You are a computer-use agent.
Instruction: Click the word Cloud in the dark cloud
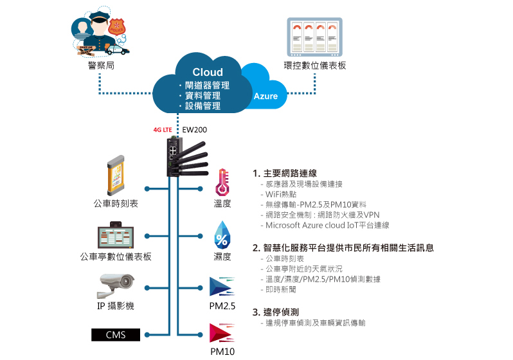point(208,72)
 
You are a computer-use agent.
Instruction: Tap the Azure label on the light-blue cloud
point(265,96)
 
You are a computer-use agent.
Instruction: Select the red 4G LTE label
point(163,130)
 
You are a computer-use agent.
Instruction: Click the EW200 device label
point(194,130)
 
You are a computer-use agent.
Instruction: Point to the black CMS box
point(116,335)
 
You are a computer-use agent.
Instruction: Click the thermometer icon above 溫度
point(222,183)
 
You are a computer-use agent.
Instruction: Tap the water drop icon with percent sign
point(222,236)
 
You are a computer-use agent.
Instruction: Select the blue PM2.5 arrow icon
point(222,287)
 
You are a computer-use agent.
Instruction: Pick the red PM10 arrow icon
point(222,333)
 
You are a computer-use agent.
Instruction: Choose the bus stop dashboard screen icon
point(116,235)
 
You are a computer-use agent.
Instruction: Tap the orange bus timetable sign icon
point(116,175)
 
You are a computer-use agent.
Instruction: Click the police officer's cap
point(99,17)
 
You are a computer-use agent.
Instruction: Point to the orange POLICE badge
point(117,27)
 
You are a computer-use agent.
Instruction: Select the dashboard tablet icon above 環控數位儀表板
point(315,37)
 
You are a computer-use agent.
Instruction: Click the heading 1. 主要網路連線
point(285,174)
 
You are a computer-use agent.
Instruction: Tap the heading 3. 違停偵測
point(276,312)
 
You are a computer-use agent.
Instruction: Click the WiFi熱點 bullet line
point(279,194)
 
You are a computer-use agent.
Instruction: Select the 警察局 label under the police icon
point(101,66)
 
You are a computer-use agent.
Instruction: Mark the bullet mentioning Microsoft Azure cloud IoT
point(325,225)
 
